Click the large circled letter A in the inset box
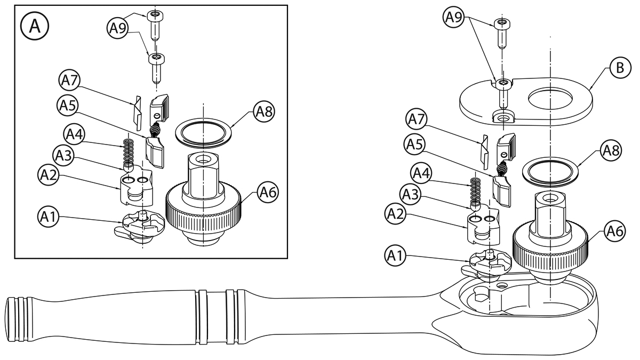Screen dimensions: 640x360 [35, 26]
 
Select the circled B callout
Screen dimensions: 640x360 [620, 68]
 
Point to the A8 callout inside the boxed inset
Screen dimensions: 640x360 [265, 111]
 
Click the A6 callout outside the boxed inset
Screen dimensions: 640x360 [615, 231]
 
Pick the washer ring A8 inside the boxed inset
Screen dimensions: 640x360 [203, 133]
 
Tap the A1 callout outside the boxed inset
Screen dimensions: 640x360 [395, 256]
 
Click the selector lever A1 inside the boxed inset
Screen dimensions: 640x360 [139, 228]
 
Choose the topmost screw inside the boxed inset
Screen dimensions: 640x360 [155, 25]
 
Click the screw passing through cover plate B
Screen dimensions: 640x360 [503, 94]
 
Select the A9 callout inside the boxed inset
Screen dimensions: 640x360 [118, 28]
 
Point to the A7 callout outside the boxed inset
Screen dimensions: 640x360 [417, 119]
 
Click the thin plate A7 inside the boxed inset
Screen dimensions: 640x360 [137, 113]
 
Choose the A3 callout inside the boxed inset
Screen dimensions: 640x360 [63, 156]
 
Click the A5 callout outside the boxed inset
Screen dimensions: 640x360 [414, 145]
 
